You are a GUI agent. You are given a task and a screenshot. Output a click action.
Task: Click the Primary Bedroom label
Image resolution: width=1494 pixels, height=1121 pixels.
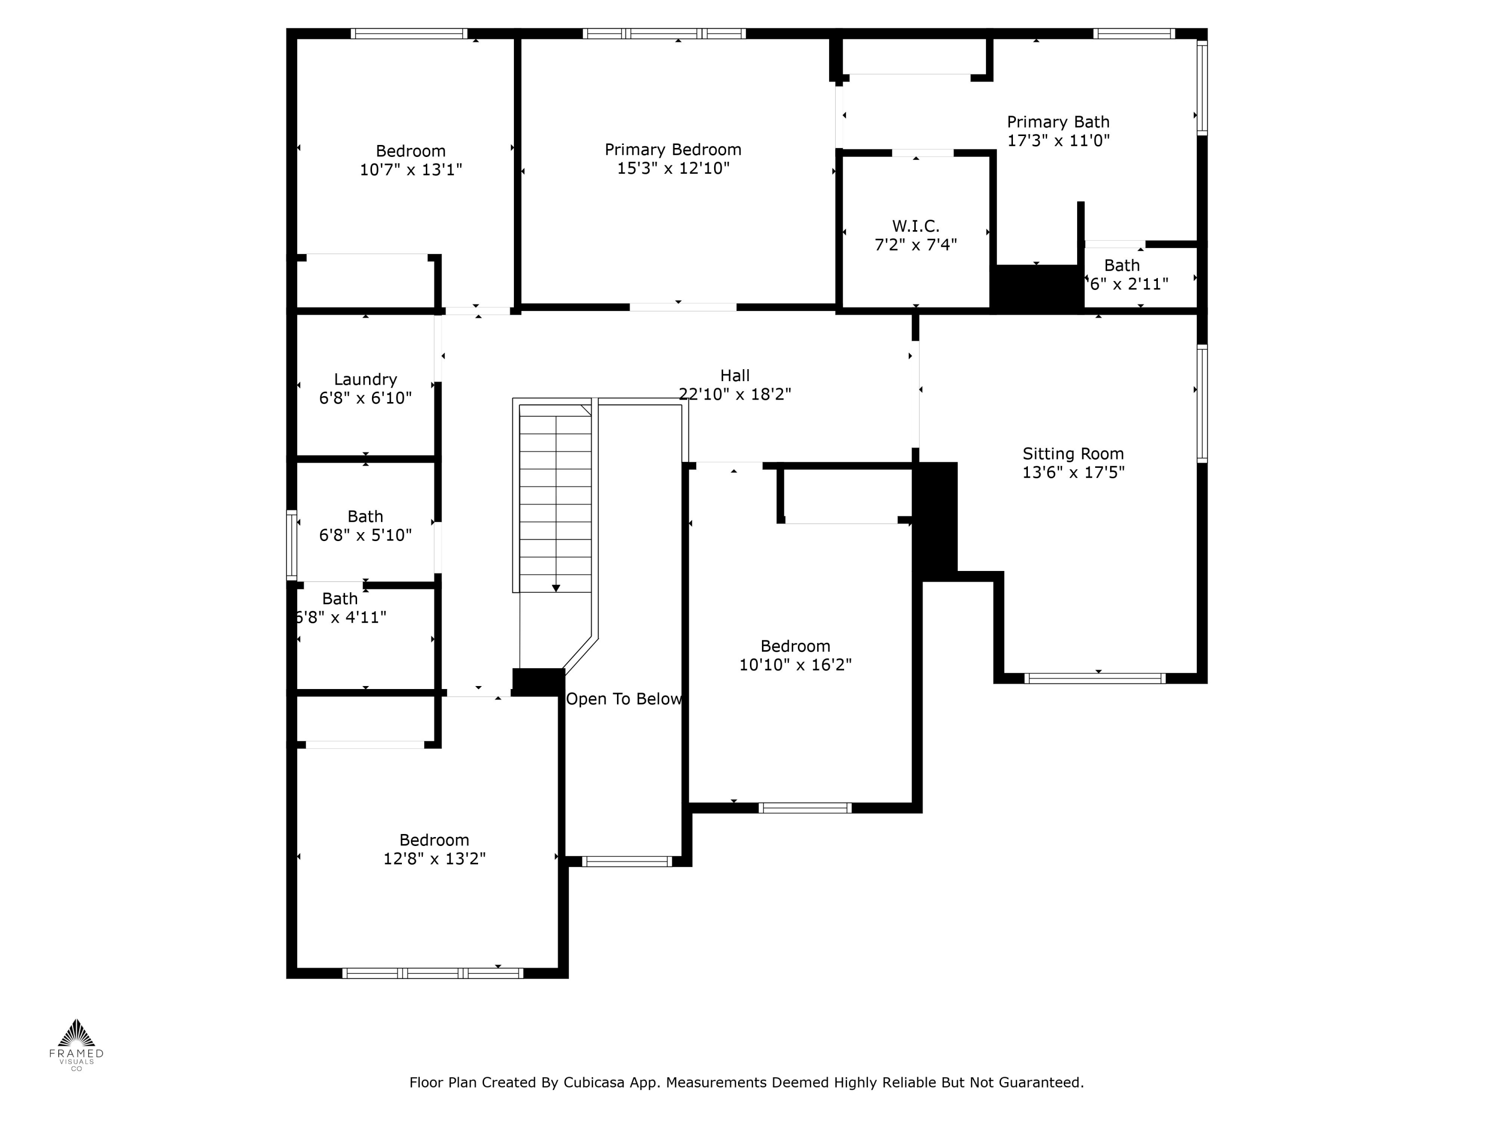pos(673,149)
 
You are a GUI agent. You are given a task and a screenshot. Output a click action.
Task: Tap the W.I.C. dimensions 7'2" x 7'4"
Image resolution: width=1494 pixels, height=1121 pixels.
pos(916,245)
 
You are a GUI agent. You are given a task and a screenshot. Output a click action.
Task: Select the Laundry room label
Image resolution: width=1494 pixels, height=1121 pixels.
pos(366,379)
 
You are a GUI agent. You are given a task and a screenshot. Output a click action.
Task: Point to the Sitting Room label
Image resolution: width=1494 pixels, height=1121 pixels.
pos(1073,453)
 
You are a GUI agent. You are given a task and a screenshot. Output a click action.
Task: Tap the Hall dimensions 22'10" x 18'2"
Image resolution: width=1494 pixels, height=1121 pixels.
pos(735,394)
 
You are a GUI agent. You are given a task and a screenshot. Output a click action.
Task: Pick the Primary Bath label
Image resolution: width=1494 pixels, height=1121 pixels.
pos(1058,122)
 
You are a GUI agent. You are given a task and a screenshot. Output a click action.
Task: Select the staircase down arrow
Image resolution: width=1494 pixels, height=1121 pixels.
pos(556,588)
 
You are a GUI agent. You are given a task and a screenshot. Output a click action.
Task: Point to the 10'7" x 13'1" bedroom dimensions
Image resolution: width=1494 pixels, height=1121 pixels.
pos(411,169)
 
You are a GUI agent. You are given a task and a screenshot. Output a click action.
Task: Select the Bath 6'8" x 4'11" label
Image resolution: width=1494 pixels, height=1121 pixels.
pos(340,599)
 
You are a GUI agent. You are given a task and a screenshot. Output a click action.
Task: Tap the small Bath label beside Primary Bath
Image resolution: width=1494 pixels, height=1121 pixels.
pos(1122,266)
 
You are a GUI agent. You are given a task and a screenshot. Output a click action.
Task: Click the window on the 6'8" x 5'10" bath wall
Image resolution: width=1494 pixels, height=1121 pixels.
pos(292,545)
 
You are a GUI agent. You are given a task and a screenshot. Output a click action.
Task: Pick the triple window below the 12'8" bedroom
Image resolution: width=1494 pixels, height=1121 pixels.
pos(433,973)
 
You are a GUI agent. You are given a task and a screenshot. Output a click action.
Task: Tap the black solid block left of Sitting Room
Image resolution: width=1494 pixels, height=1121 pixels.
pos(935,520)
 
